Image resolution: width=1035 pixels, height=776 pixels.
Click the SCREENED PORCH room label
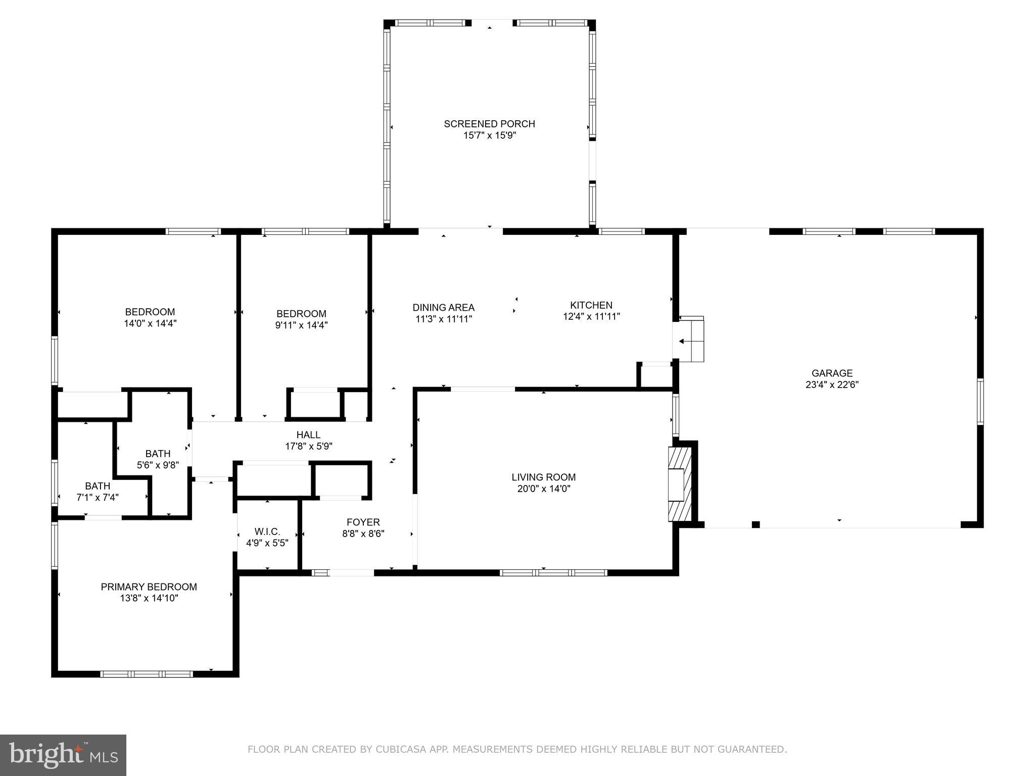[489, 124]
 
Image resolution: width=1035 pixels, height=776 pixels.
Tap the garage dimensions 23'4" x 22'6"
[832, 384]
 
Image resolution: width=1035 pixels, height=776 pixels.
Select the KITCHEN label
[591, 305]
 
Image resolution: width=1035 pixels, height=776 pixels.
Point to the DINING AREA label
[443, 307]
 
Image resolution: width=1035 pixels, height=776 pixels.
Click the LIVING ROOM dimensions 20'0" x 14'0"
[543, 489]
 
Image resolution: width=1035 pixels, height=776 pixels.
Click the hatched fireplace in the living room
[679, 484]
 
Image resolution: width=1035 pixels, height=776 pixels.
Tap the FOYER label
[363, 522]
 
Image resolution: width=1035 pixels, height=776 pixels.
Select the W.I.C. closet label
[267, 531]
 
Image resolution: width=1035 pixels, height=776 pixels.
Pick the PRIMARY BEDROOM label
[149, 587]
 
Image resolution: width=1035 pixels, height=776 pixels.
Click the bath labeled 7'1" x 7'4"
[98, 492]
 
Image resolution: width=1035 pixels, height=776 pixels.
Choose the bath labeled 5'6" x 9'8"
[158, 459]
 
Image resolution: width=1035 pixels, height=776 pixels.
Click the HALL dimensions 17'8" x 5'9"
[308, 446]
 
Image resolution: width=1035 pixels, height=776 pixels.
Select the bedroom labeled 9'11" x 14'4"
[301, 319]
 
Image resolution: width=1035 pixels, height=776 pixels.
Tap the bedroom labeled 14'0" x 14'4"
[150, 318]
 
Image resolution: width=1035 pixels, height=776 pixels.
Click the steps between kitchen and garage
[691, 339]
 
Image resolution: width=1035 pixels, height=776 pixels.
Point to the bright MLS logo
[63, 755]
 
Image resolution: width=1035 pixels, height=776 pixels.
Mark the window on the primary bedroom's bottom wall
[147, 673]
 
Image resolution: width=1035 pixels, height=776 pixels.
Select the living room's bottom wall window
[553, 572]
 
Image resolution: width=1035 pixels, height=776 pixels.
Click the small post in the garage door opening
[756, 524]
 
